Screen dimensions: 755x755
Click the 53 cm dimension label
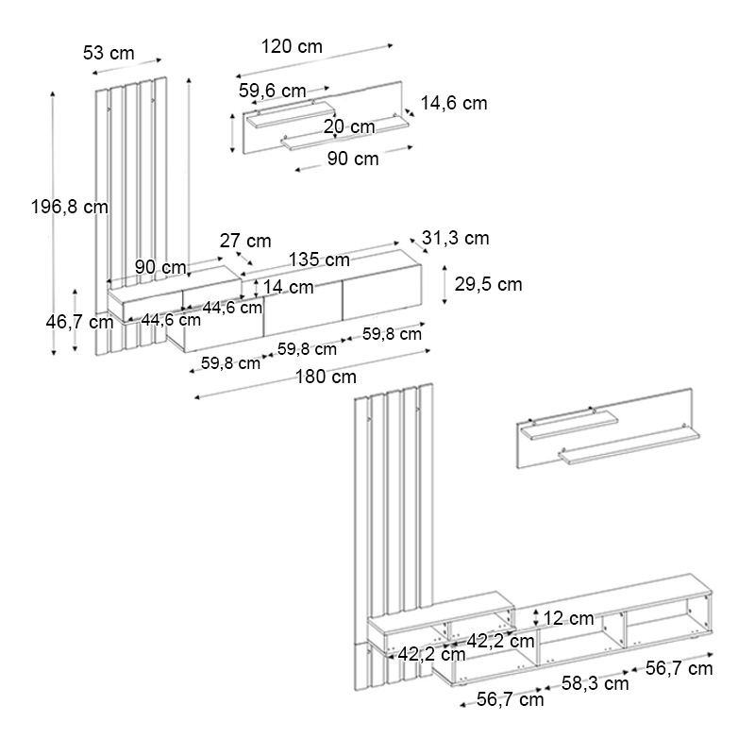(x=109, y=53)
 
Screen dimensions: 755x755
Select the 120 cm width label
(x=292, y=46)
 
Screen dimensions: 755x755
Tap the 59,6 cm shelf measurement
(x=272, y=92)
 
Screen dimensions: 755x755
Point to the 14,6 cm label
(x=453, y=104)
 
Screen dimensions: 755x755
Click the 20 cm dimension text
(x=348, y=126)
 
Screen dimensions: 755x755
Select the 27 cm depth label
(x=245, y=241)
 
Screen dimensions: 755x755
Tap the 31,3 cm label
(x=455, y=239)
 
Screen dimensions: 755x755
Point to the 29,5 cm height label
(x=488, y=284)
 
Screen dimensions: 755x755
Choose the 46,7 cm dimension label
(x=79, y=322)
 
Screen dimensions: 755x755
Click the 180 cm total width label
(x=326, y=377)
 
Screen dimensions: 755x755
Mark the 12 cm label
(x=569, y=619)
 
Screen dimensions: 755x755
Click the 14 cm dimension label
(x=288, y=287)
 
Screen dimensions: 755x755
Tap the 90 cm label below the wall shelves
(x=353, y=159)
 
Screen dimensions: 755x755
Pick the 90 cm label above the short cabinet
(x=160, y=267)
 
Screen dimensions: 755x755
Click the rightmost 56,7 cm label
(x=679, y=669)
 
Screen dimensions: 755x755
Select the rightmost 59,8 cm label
(x=392, y=334)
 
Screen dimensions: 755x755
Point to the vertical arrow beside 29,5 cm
(x=446, y=284)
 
